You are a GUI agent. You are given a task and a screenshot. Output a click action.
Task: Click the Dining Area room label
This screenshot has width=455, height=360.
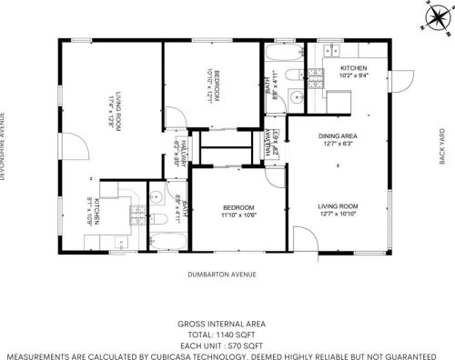pos(337,138)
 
